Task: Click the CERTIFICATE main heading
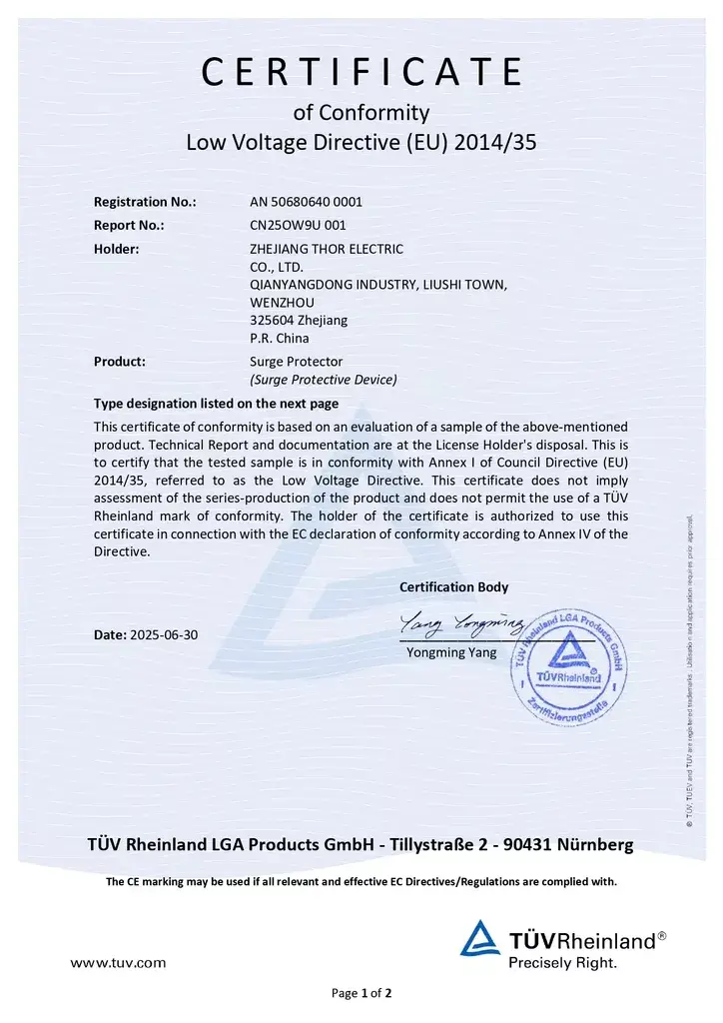(x=361, y=72)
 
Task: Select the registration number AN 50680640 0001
(x=306, y=201)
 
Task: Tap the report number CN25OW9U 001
(x=298, y=225)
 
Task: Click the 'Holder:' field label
(x=116, y=249)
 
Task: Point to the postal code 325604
(x=273, y=320)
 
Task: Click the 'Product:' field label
(x=120, y=361)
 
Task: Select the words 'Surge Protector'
(x=296, y=361)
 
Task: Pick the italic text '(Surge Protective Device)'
(x=323, y=380)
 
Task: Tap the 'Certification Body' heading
(x=453, y=586)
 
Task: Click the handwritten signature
(x=461, y=625)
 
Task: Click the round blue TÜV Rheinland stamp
(x=565, y=664)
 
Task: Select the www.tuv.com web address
(x=118, y=963)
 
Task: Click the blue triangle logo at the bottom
(x=479, y=939)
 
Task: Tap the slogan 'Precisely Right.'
(x=563, y=963)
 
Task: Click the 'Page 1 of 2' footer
(x=361, y=993)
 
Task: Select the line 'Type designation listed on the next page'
(x=216, y=404)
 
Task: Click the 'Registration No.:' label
(x=145, y=201)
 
